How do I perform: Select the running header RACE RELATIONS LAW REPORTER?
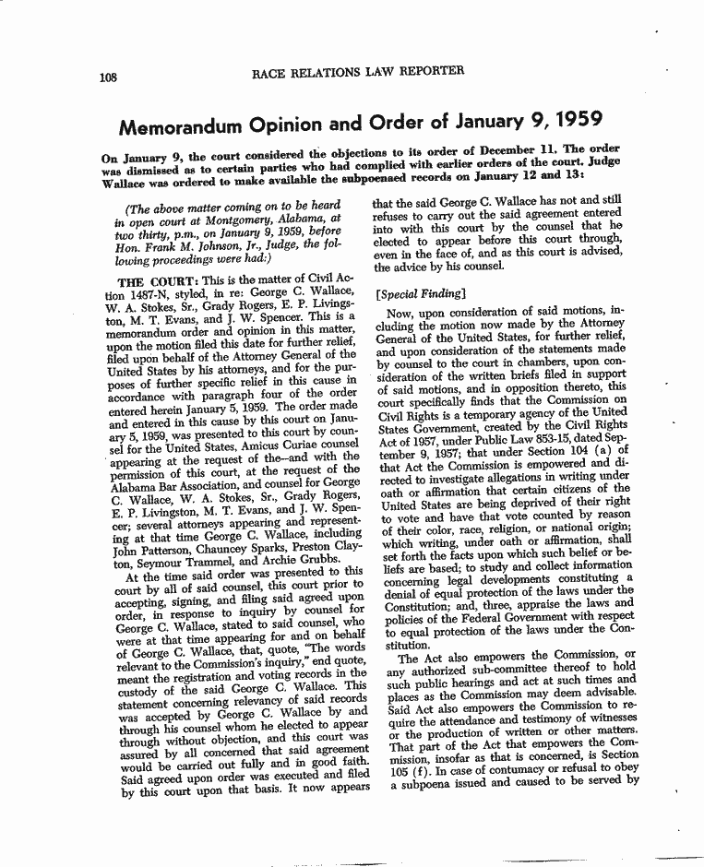(357, 71)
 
